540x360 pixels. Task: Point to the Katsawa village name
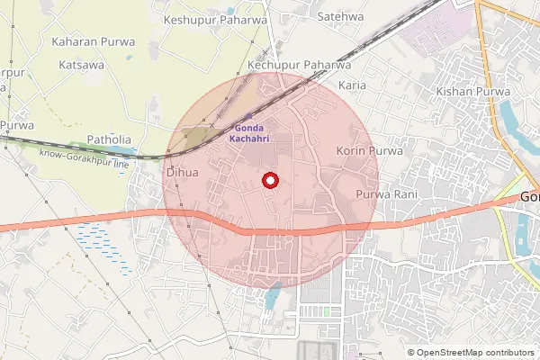point(82,66)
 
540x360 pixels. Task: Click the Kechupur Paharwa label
point(299,66)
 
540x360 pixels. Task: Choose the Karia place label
point(350,85)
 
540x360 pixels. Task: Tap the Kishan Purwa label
point(472,92)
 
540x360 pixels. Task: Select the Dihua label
point(182,171)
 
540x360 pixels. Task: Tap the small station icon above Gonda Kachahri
point(248,116)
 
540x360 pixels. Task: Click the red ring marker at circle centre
point(268,181)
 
